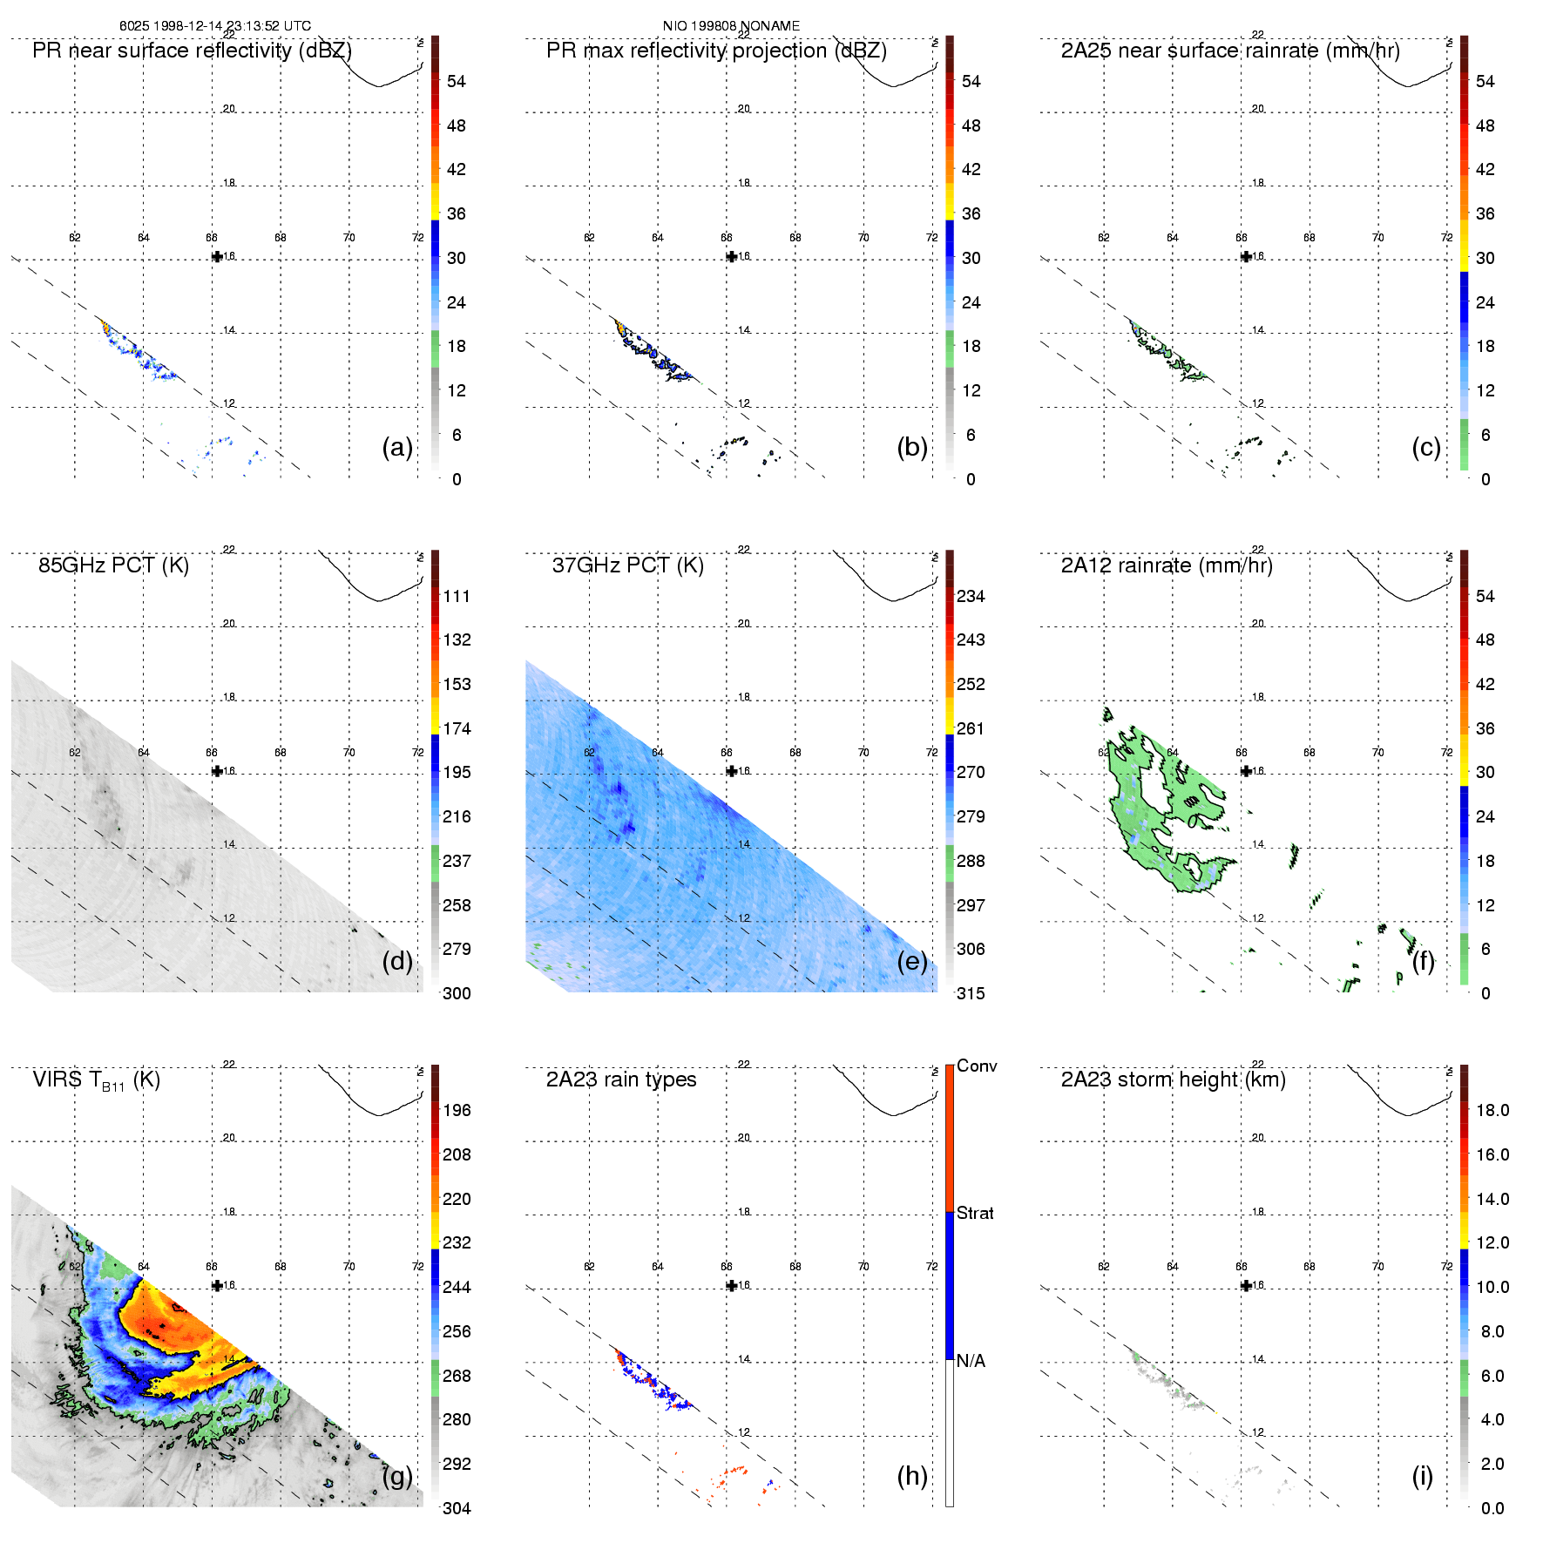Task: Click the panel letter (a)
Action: pos(396,447)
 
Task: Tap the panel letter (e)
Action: pos(911,961)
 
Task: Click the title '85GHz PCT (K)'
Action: pos(113,565)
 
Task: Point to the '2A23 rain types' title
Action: pos(621,1079)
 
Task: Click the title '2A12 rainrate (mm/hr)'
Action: pos(1167,565)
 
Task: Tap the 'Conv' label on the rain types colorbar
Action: pos(977,1066)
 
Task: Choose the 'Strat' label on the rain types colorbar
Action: pos(975,1213)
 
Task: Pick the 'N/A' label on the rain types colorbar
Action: pos(971,1361)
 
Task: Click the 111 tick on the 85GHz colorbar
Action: pos(457,596)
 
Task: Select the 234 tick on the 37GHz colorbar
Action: pos(971,596)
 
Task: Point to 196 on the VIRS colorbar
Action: pos(457,1110)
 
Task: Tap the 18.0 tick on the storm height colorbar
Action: pos(1492,1110)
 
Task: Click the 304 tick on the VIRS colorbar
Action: pos(457,1508)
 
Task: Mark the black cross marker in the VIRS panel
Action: pos(217,1285)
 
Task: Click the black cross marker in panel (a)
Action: pos(217,256)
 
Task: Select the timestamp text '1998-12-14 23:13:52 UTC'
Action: pos(233,26)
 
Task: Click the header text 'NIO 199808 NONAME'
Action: pos(731,26)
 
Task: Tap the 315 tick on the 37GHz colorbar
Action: pos(971,993)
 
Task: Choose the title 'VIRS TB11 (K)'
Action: pos(96,1080)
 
